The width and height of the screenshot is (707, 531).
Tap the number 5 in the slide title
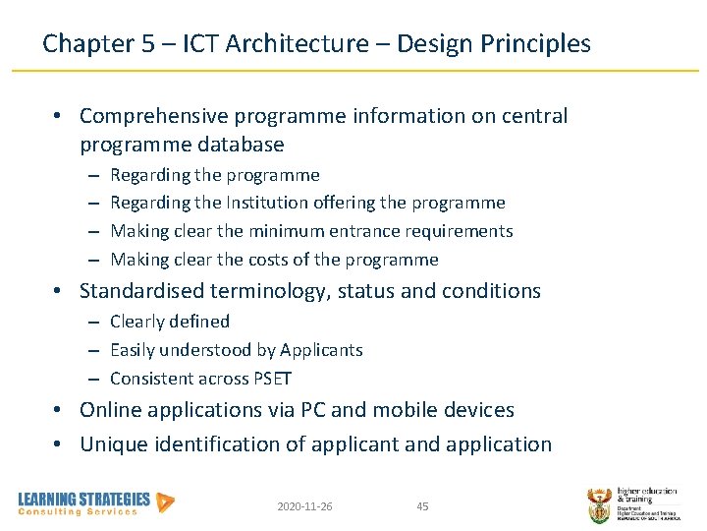[x=144, y=43]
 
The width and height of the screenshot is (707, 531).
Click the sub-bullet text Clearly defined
[x=170, y=322]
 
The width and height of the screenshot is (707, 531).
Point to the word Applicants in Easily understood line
[x=321, y=350]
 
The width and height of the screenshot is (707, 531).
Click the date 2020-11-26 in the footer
[x=304, y=506]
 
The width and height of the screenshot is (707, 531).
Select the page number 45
[x=422, y=506]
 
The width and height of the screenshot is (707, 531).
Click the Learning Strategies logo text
[x=84, y=500]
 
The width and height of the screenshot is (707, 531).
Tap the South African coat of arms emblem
[x=599, y=503]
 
